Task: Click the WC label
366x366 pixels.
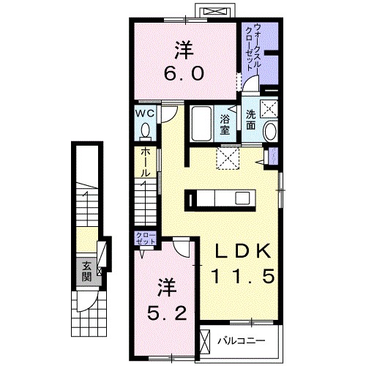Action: pyautogui.click(x=145, y=113)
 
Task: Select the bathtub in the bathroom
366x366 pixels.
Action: pyautogui.click(x=202, y=124)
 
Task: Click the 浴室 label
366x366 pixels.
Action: pyautogui.click(x=225, y=124)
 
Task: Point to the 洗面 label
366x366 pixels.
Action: pyautogui.click(x=250, y=120)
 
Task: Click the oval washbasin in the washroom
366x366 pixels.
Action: pyautogui.click(x=270, y=131)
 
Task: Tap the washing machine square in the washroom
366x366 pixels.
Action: pyautogui.click(x=269, y=108)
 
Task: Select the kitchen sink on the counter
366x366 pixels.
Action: pyautogui.click(x=242, y=198)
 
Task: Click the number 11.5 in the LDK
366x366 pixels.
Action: pyautogui.click(x=243, y=276)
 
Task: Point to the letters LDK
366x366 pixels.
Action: pyautogui.click(x=242, y=251)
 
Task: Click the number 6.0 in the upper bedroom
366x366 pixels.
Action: pyautogui.click(x=184, y=73)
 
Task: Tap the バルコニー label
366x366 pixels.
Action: pyautogui.click(x=242, y=340)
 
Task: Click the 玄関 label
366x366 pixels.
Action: pyautogui.click(x=87, y=271)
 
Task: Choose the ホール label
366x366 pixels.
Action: pyautogui.click(x=145, y=163)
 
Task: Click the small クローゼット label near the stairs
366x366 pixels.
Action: pyautogui.click(x=146, y=239)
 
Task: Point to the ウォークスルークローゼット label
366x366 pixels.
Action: pyautogui.click(x=253, y=47)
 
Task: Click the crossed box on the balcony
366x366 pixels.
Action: pyautogui.click(x=205, y=340)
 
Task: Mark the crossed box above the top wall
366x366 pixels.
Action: pyautogui.click(x=215, y=12)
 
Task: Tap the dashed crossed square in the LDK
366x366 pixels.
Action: pyautogui.click(x=228, y=158)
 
